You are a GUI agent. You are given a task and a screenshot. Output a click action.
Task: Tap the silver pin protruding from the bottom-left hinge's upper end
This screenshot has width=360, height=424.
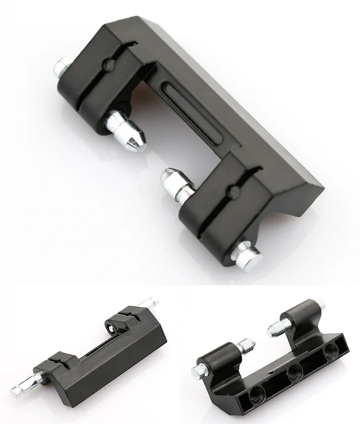coord(150,304)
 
